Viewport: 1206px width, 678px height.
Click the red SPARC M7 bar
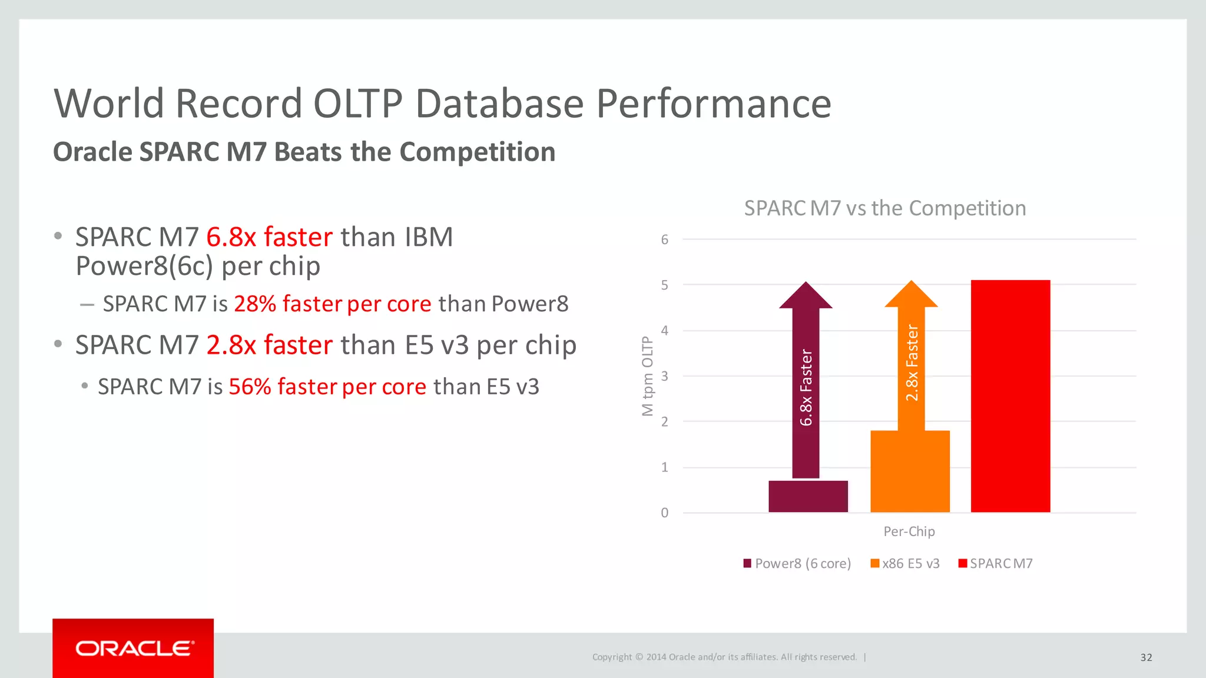coord(1010,396)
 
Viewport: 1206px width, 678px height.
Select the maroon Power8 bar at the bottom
coord(808,496)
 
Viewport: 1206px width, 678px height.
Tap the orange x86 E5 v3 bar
coord(910,471)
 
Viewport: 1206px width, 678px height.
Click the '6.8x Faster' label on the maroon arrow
coord(806,387)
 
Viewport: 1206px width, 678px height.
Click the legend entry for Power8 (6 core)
coord(797,563)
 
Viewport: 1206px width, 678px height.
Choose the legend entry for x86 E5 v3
coord(905,563)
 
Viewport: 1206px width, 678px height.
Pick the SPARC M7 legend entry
coord(996,563)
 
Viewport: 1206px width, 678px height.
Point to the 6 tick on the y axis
coord(664,240)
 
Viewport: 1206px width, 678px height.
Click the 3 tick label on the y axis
coord(664,376)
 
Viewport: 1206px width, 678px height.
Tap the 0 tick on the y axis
coord(664,513)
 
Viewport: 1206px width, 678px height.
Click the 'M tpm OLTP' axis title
coord(647,376)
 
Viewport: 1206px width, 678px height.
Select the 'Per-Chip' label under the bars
coord(909,531)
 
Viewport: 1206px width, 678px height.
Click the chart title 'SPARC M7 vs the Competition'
coord(884,208)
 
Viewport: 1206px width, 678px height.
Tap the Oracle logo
coord(133,648)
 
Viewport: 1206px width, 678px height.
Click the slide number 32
coord(1146,657)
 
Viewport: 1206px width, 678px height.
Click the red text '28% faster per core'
coord(332,304)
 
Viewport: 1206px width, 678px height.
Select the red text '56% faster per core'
coord(327,387)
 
